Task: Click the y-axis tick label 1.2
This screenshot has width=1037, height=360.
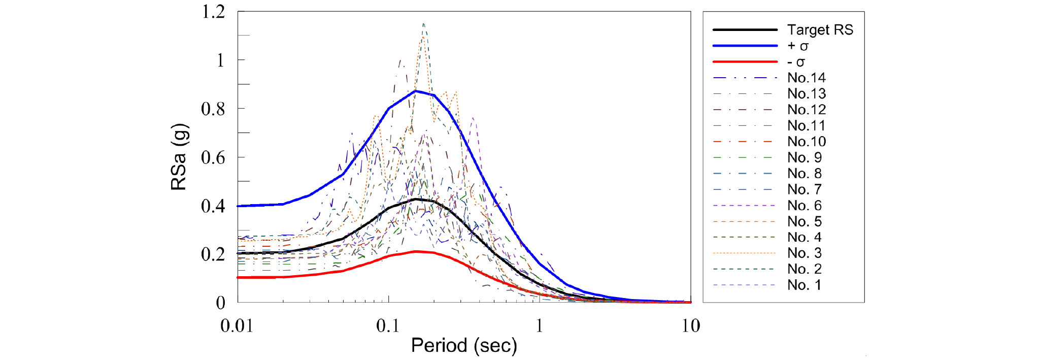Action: pos(213,12)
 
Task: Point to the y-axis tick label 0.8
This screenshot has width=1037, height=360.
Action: pos(213,109)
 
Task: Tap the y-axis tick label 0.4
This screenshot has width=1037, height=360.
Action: pos(213,206)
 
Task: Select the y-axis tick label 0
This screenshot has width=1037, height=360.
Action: pos(220,303)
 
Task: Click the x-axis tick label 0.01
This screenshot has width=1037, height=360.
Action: pos(237,325)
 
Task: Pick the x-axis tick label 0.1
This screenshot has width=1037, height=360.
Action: pos(388,325)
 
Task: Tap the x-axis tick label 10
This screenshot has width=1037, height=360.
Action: pos(690,325)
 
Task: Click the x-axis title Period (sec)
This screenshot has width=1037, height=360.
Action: pos(464,346)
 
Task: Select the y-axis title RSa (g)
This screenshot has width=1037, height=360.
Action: pos(179,157)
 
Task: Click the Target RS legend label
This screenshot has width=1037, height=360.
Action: pos(820,30)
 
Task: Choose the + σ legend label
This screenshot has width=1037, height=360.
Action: pos(798,46)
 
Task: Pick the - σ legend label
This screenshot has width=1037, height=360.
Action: pos(796,62)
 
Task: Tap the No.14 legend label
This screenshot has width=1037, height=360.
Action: pos(807,78)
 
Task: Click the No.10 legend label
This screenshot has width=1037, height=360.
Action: pos(807,142)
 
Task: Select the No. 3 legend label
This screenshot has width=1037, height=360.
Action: pos(805,253)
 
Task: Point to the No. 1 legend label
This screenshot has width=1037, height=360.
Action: pos(805,285)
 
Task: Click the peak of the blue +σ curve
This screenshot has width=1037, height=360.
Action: pos(416,91)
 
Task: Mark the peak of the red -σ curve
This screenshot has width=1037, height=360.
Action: pos(416,251)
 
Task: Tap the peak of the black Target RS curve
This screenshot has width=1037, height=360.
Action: pos(416,199)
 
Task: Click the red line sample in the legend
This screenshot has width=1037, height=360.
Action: pos(745,62)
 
